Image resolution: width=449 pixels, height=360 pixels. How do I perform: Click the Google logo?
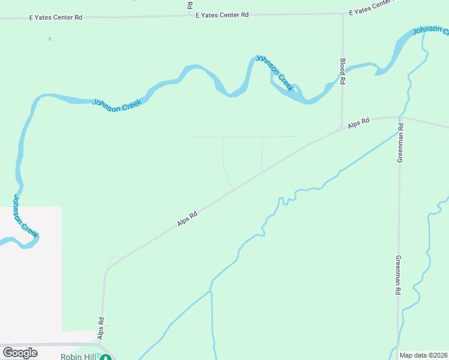(x=20, y=353)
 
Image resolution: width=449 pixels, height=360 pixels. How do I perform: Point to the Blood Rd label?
(x=343, y=71)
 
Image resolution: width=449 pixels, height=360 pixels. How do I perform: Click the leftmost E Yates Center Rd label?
(x=56, y=18)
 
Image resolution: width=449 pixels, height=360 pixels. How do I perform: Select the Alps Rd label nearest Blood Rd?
(x=358, y=123)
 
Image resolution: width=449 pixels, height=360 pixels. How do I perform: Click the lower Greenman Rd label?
(x=397, y=275)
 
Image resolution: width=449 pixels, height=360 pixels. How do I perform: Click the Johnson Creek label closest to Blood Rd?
(x=275, y=73)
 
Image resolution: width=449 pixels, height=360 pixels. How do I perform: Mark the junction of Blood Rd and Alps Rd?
(x=341, y=128)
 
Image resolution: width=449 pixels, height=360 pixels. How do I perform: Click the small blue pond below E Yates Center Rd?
(x=50, y=39)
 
